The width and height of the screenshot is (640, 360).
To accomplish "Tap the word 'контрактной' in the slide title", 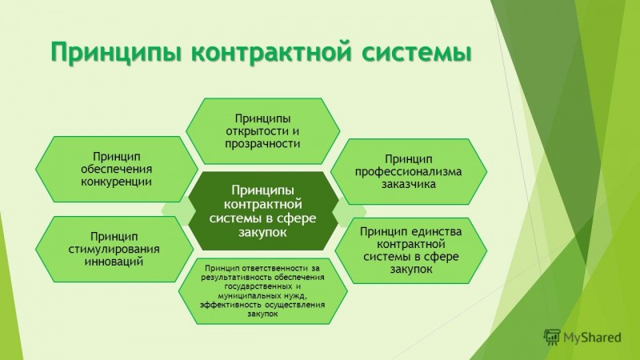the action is [270, 52].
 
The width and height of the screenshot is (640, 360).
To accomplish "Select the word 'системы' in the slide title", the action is [416, 52].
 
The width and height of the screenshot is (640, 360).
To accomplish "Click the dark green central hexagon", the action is [263, 210].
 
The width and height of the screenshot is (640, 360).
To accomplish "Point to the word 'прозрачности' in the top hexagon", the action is [262, 144].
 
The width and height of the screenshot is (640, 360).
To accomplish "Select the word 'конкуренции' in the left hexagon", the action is [116, 182].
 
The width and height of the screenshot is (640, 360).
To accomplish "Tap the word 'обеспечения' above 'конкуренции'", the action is [116, 169].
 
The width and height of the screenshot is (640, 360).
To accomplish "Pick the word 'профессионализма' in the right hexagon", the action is [408, 171].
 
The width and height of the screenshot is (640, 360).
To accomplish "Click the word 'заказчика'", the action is [409, 184].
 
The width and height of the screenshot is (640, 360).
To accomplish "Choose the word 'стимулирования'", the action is [114, 250].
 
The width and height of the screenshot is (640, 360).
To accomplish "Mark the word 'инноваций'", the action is [114, 262].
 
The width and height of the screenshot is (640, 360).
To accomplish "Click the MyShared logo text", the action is [592, 338].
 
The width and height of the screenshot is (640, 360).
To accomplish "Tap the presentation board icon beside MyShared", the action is [552, 337].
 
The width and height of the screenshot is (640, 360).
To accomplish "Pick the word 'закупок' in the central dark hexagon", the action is [262, 233].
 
